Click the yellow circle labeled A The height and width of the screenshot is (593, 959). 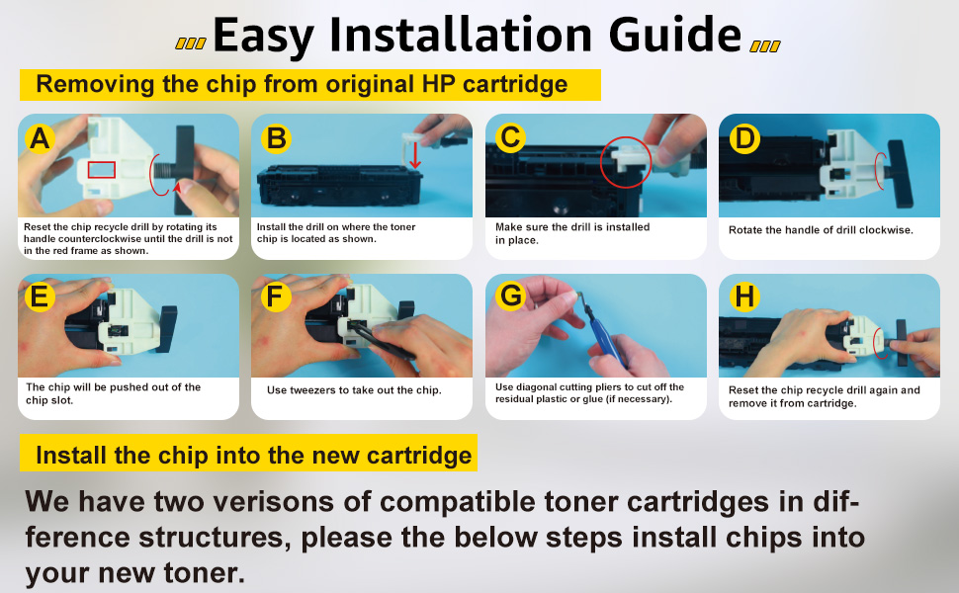pos(40,138)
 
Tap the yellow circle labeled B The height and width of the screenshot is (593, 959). pos(276,138)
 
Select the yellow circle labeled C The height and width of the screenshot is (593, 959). pos(511,138)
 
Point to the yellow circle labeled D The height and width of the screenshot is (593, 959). pos(744,138)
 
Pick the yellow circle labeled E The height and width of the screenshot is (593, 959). pos(40,297)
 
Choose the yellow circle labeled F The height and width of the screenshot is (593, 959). pos(276,297)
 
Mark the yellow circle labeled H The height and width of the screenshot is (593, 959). pos(744,297)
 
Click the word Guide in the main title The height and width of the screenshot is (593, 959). pos(675,35)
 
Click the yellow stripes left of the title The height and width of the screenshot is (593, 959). pos(191,43)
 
